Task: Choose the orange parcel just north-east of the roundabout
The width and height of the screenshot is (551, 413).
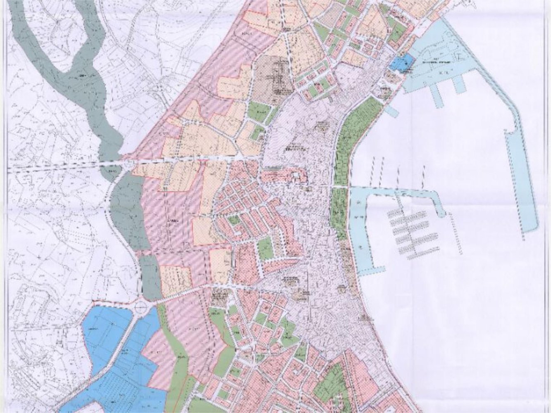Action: click(176, 281)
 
